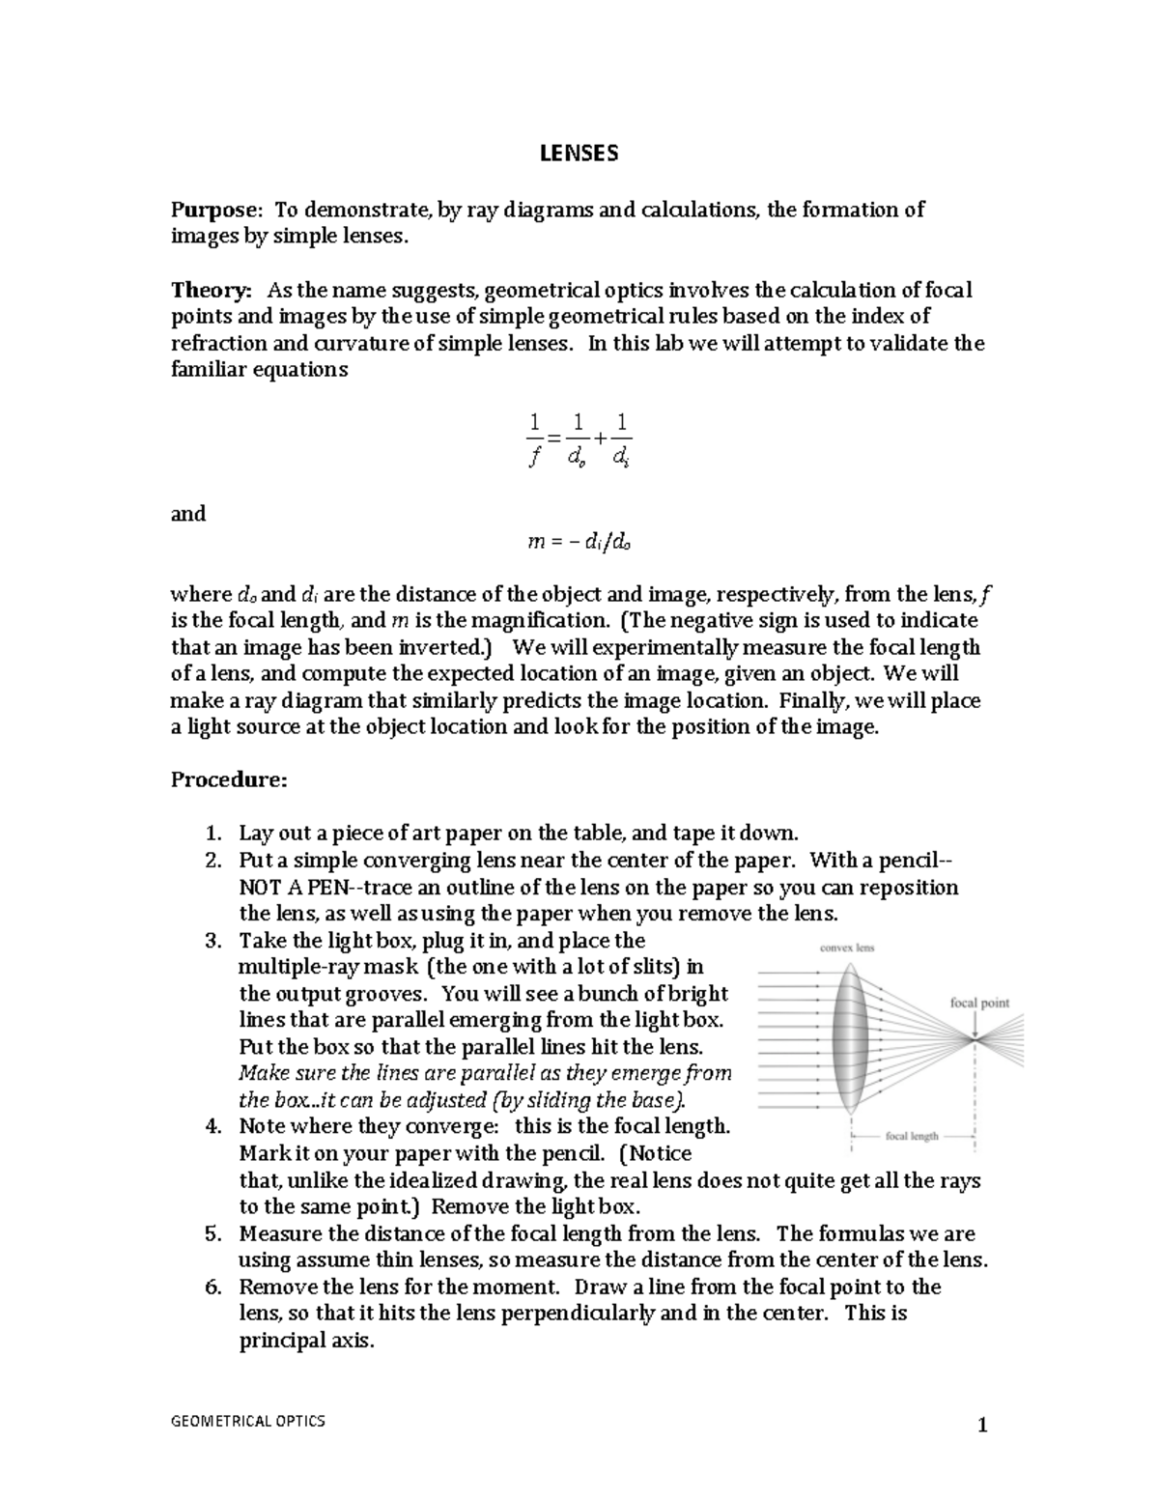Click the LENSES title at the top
point(579,154)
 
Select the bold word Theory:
point(212,290)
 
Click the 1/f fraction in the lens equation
point(532,439)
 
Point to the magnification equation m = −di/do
point(579,542)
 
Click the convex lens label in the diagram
point(847,948)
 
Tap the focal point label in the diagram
point(979,1003)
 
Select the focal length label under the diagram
point(912,1136)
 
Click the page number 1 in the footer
point(982,1426)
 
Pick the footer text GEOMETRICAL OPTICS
point(248,1421)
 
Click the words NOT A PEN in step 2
point(286,888)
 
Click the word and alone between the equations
point(188,514)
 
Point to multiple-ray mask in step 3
point(328,967)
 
